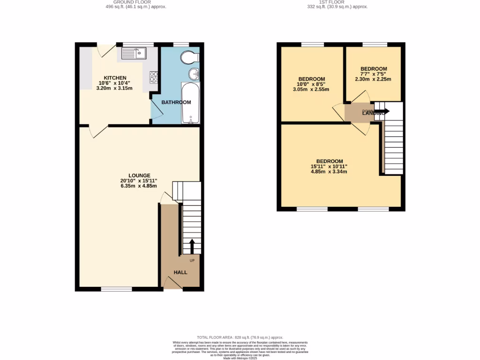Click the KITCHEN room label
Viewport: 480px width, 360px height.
pos(115,78)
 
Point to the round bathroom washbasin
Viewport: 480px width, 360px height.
pos(194,74)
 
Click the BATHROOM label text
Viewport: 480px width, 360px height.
pos(176,102)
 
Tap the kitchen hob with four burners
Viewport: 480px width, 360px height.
pos(153,77)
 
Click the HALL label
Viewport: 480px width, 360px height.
pos(180,272)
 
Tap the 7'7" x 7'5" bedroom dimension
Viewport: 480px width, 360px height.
pos(373,74)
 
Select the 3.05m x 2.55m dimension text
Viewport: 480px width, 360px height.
pos(311,90)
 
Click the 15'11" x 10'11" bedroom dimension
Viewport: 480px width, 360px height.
pos(329,166)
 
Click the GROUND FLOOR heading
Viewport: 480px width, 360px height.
pos(135,2)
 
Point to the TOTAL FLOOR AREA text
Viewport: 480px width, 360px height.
pos(240,337)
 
